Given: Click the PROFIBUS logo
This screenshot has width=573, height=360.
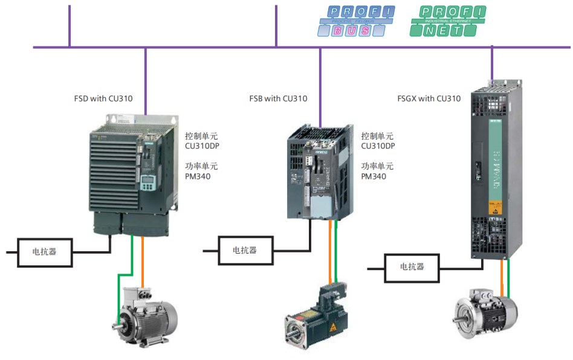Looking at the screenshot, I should (x=357, y=21).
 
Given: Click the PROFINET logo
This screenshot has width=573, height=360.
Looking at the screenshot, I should (x=448, y=21).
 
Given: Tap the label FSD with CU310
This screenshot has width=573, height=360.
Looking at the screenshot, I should (x=103, y=98).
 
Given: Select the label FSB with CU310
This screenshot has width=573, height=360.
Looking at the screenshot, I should (x=278, y=98).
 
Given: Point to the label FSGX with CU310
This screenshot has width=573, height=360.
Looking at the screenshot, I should (x=430, y=98).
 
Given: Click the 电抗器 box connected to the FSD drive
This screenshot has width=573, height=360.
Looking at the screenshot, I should (x=45, y=251).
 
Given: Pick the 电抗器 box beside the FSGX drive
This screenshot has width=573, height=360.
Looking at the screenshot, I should (x=412, y=267).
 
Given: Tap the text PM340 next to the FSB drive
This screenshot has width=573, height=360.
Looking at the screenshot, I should (x=374, y=176).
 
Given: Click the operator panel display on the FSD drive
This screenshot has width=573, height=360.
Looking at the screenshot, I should (x=148, y=182).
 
